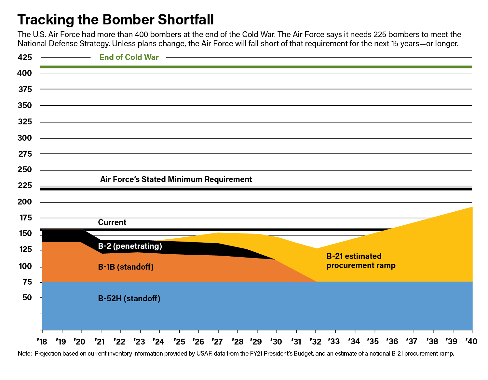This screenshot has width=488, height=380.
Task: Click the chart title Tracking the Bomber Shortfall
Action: pyautogui.click(x=116, y=20)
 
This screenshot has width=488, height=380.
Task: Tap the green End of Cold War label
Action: pyautogui.click(x=129, y=57)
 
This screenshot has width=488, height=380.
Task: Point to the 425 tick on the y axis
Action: pyautogui.click(x=25, y=58)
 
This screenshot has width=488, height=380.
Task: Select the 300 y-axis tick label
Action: pyautogui.click(x=25, y=138)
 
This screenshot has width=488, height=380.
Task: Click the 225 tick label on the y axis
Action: pyautogui.click(x=25, y=186)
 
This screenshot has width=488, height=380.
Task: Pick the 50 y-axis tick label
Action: pyautogui.click(x=27, y=298)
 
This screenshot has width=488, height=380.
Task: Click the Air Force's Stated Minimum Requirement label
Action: pyautogui.click(x=176, y=179)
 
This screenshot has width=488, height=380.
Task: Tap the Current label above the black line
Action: pyautogui.click(x=112, y=222)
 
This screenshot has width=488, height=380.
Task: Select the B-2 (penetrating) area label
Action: pyautogui.click(x=130, y=246)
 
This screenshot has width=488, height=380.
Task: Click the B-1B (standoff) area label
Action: pyautogui.click(x=126, y=267)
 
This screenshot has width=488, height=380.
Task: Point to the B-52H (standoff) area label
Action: pyautogui.click(x=129, y=299)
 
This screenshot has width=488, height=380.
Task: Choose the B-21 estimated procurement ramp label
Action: pyautogui.click(x=361, y=261)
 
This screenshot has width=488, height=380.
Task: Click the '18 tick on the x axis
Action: pyautogui.click(x=42, y=342)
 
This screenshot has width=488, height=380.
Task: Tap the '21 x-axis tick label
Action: pyautogui.click(x=100, y=342)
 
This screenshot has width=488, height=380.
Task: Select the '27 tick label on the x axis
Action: pyautogui.click(x=217, y=342)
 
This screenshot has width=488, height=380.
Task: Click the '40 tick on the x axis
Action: pyautogui.click(x=471, y=341)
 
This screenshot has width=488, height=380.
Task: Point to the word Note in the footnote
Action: pyautogui.click(x=24, y=354)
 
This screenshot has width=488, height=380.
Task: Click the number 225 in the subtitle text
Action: pyautogui.click(x=380, y=35)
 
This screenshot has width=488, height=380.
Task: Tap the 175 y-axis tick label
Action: pyautogui.click(x=26, y=218)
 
